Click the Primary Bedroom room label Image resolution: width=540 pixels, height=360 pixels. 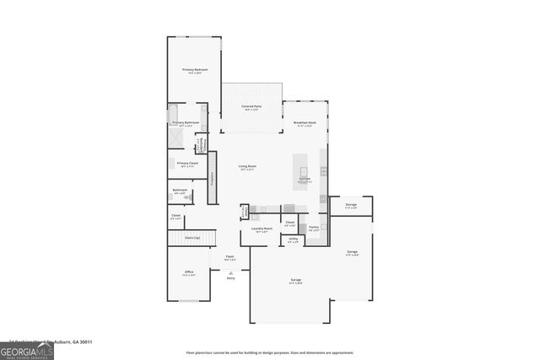(195, 70)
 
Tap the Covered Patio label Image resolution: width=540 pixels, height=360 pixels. (251, 107)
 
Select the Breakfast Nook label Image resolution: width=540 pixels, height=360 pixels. (305, 123)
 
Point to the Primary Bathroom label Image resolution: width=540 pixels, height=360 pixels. (185, 123)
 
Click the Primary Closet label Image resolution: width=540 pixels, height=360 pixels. (186, 164)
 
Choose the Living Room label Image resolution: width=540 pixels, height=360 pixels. (246, 166)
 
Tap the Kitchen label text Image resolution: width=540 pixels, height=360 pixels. (305, 180)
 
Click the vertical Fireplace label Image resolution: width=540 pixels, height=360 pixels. (213, 178)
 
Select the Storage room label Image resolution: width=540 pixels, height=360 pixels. (351, 205)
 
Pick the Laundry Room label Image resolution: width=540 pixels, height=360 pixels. (262, 228)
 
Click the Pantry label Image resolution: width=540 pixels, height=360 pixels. (313, 227)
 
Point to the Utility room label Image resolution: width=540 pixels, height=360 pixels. (293, 239)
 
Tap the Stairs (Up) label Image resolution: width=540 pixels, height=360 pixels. (192, 238)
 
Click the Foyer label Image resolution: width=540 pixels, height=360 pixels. (229, 257)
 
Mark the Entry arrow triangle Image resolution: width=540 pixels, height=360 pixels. (230, 272)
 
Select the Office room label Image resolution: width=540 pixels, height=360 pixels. (190, 272)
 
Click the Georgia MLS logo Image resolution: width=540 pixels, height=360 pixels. (27, 348)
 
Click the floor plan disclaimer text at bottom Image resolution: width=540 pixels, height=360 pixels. (270, 352)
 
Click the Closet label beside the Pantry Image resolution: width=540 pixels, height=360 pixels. (289, 223)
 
